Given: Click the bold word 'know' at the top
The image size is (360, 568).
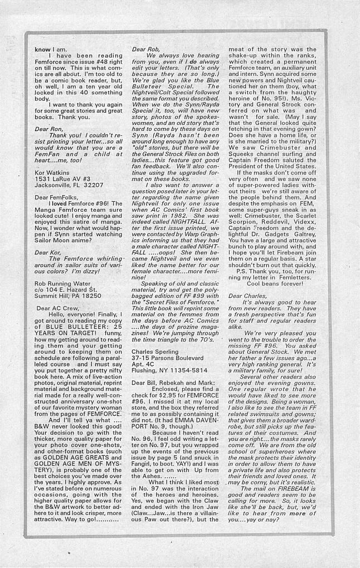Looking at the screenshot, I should pos(43,49).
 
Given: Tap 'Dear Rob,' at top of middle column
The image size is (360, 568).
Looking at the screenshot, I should pos(146,49).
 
